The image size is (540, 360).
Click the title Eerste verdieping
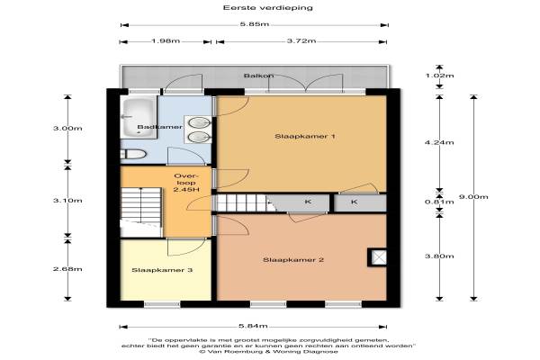coord(268,7)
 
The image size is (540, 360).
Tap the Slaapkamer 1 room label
coord(305,137)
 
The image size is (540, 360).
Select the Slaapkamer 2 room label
coord(293,260)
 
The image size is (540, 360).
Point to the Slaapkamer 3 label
coord(162,270)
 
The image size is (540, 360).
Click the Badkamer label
coord(160,127)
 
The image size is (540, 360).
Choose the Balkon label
coord(259,76)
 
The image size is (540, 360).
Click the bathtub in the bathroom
coord(138,117)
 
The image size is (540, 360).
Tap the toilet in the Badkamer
coord(133,154)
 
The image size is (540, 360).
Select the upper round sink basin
coord(200,122)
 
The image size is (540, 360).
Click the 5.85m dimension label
coord(255,24)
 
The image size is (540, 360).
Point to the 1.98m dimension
coord(166,41)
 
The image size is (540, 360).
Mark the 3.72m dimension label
coord(301,41)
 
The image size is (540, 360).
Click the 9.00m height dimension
coord(473,197)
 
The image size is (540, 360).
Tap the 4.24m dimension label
coord(439,142)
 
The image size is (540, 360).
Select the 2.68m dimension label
coord(67,269)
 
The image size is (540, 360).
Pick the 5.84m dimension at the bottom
coord(253,326)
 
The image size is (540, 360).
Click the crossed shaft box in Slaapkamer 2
coord(377,257)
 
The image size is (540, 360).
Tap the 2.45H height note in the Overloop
coord(186,190)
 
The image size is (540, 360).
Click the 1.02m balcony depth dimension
coord(439,76)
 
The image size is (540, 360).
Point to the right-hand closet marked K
coord(360,202)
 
